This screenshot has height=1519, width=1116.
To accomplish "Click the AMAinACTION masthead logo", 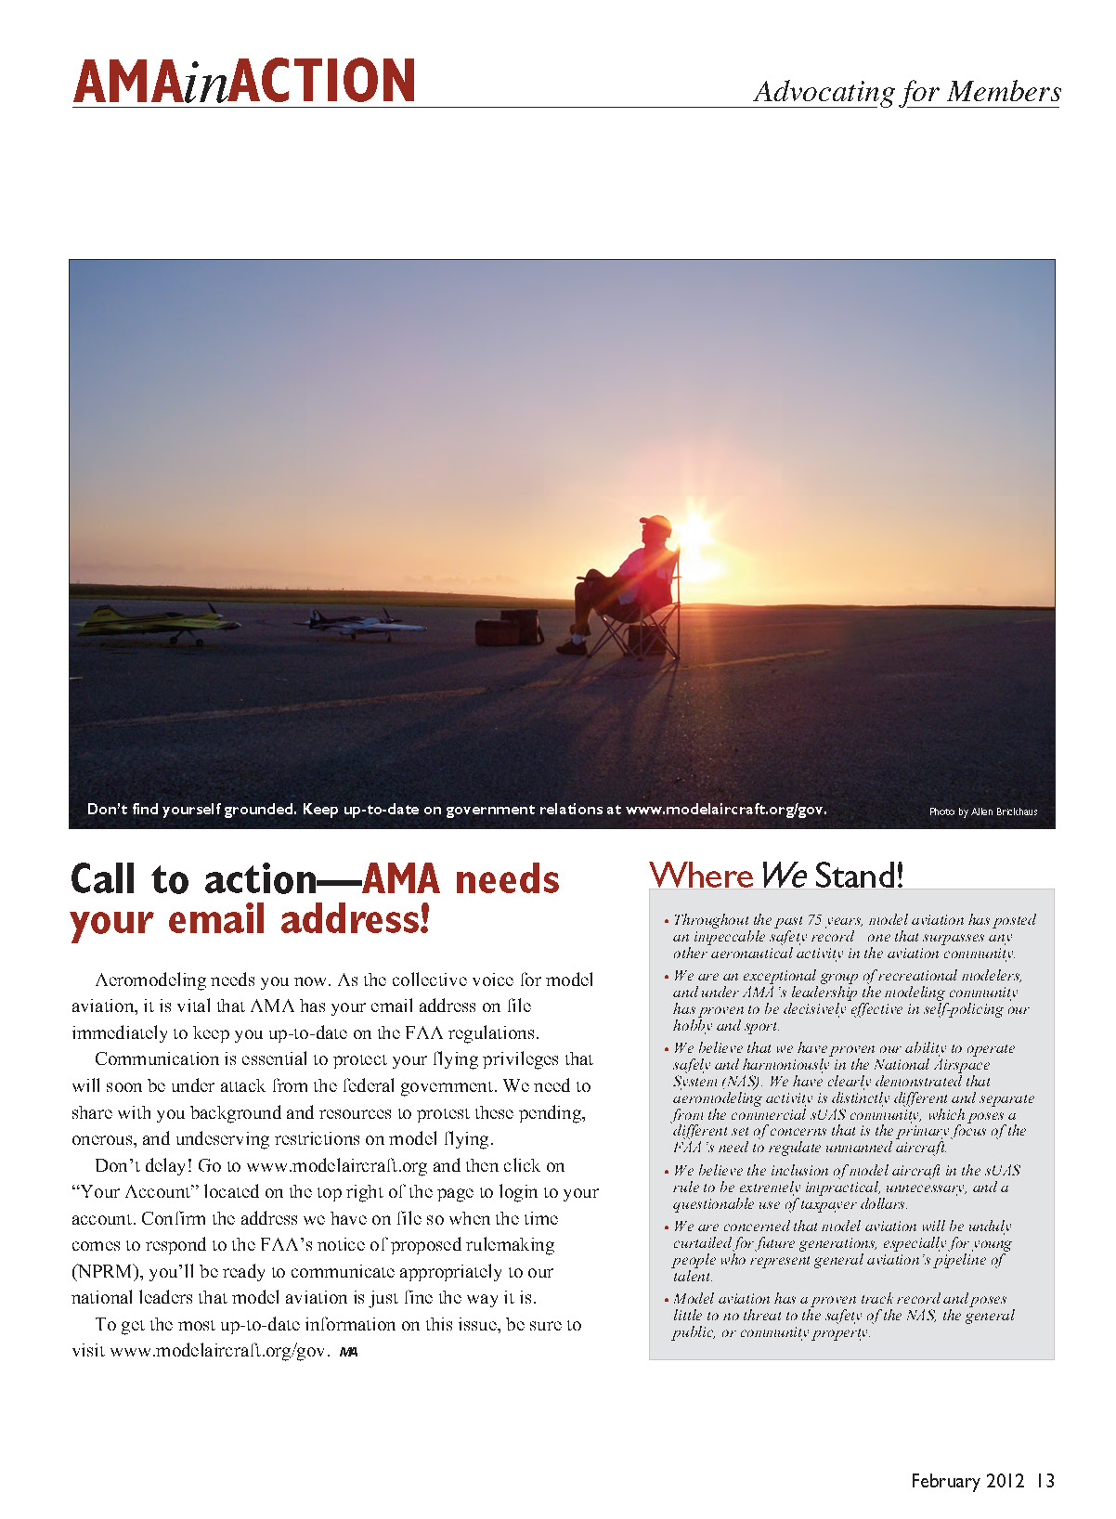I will click(243, 81).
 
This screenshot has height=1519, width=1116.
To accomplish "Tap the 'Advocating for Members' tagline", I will click(906, 92).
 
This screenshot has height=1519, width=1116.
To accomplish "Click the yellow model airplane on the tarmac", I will click(158, 622).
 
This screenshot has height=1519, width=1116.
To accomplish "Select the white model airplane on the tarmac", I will click(350, 624).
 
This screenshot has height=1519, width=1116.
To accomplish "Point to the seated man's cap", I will click(656, 523).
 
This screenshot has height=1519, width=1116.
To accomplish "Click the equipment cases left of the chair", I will click(509, 628).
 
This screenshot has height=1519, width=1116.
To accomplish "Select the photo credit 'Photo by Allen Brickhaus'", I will click(982, 811).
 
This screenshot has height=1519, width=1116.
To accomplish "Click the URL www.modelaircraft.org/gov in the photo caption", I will click(725, 809).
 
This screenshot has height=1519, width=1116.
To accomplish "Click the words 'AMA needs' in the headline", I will click(461, 879).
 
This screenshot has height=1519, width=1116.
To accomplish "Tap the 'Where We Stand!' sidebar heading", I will click(776, 875).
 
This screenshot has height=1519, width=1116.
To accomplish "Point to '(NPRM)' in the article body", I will click(107, 1272).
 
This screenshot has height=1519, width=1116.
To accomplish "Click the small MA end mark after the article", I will click(348, 1352).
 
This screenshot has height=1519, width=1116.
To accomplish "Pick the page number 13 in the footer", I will click(1045, 1481).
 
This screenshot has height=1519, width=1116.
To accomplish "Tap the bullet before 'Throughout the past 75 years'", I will click(666, 921).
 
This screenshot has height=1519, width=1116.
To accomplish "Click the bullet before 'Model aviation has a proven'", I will click(666, 1300).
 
